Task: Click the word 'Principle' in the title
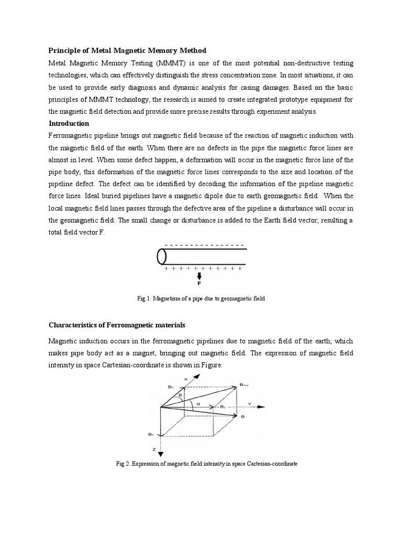coord(64,50)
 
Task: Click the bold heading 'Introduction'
coord(69,123)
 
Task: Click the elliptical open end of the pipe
coord(162,256)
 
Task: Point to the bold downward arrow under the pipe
coord(199,276)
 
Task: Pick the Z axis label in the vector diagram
coord(154,450)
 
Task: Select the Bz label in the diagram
coord(150,435)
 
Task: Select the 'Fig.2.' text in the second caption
coord(122,464)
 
